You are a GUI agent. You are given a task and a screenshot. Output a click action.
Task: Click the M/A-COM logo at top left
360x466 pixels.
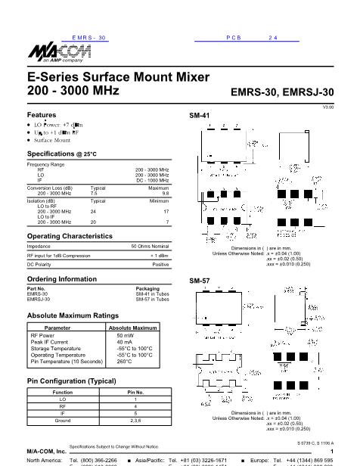click(x=49, y=54)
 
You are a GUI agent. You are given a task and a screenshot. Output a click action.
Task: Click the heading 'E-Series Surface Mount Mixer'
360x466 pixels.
click(x=98, y=77)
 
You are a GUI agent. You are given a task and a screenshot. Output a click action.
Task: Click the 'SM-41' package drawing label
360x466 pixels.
click(x=199, y=115)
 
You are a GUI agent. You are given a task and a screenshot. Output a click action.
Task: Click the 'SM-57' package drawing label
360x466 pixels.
click(x=199, y=281)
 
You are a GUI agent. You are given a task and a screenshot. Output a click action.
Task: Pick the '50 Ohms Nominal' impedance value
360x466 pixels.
click(x=150, y=247)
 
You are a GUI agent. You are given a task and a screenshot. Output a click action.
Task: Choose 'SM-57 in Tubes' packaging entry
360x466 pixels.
click(x=152, y=299)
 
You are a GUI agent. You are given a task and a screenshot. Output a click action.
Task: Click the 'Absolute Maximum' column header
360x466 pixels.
click(x=133, y=327)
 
